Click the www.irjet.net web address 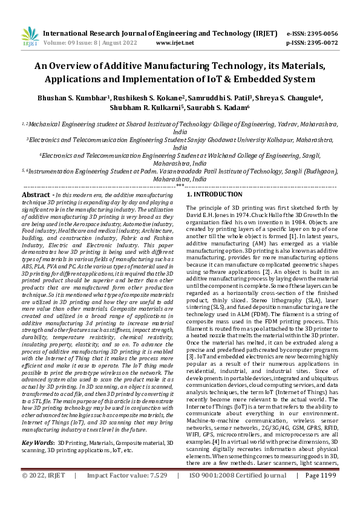click(175, 43)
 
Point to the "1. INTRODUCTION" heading click(214, 195)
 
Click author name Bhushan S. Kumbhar click(88, 98)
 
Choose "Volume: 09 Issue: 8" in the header click(67, 43)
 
